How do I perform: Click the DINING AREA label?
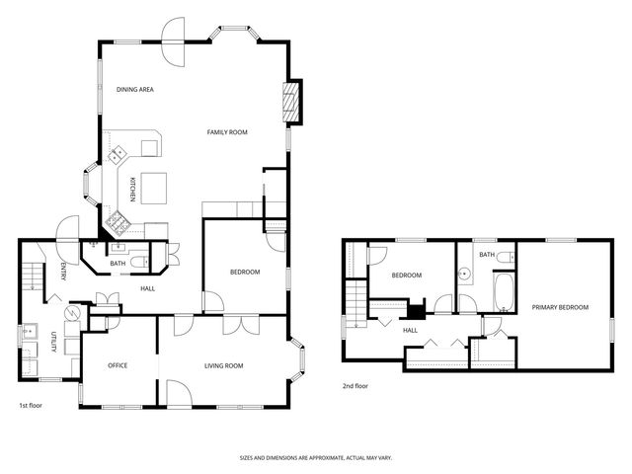135,90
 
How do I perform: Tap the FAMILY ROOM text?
226,132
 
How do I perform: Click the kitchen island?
154,185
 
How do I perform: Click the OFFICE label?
118,366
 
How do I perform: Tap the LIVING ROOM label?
224,366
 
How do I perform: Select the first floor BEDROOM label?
245,272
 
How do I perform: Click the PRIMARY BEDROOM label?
560,307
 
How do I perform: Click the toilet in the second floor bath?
505,258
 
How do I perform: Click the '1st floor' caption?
31,406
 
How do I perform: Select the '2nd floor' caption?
355,386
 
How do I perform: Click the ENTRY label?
62,271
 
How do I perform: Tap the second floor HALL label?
409,330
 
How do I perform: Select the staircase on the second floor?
354,296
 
